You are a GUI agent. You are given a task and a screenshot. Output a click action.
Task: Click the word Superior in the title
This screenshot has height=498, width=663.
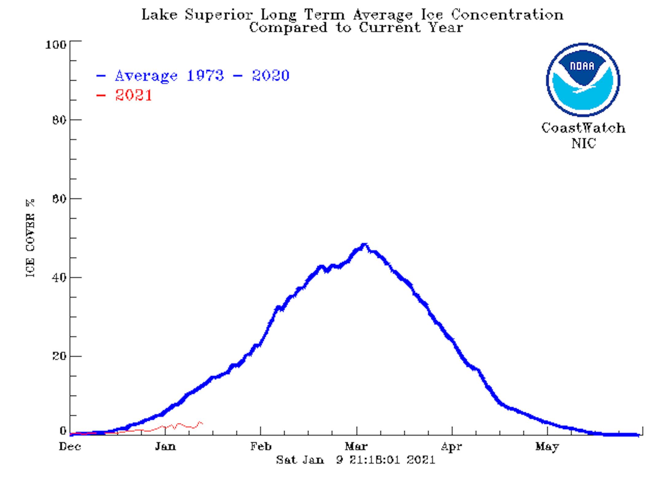point(219,15)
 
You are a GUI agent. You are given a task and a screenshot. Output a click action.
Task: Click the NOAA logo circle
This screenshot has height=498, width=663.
point(583,80)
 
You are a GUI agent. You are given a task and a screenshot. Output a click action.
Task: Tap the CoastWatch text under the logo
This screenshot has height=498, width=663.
point(583,128)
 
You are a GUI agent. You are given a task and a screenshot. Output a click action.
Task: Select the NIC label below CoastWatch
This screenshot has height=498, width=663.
point(584,143)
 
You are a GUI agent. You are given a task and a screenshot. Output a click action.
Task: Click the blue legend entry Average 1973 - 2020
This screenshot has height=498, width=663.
point(202,76)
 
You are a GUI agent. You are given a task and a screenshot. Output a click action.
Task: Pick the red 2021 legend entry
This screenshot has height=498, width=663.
point(134,95)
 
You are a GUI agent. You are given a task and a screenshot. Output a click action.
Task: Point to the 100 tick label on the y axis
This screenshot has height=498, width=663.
point(56,45)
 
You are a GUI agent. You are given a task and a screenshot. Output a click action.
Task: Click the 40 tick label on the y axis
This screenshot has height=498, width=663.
point(59,278)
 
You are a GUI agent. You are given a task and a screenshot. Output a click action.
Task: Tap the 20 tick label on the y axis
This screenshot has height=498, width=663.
point(59,356)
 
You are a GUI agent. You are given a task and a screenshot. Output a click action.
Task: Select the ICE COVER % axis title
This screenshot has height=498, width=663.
point(30,238)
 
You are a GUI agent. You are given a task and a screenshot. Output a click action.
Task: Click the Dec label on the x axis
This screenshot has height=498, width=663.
point(70,446)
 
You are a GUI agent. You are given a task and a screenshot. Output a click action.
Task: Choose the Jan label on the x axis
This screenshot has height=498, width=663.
point(165,446)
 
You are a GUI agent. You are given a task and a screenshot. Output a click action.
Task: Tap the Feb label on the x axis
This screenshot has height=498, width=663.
point(261,446)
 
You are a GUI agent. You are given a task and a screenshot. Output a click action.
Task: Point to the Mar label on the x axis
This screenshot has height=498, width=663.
point(356,446)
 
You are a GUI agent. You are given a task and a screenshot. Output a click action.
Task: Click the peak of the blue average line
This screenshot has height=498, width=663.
point(364,245)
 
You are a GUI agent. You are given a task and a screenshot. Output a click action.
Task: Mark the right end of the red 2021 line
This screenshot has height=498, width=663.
point(202,424)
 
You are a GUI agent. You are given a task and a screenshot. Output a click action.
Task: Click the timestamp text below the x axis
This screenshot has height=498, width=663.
point(355,460)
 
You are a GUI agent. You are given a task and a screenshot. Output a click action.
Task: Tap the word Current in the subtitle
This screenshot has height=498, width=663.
point(390,28)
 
